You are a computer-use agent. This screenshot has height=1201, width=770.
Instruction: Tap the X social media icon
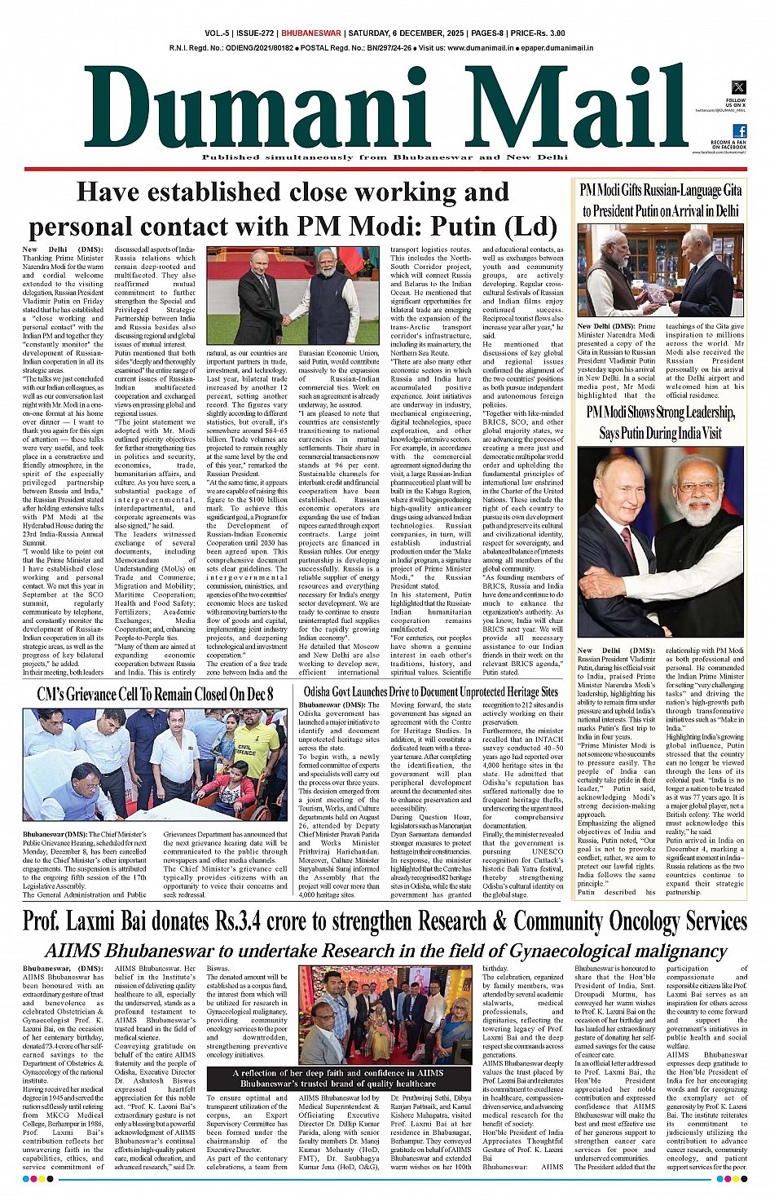click(738, 87)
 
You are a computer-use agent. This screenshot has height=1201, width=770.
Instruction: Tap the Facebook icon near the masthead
click(739, 130)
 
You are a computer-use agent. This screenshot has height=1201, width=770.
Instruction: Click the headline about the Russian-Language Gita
click(660, 201)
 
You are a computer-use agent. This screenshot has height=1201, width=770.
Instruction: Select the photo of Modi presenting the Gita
click(660, 272)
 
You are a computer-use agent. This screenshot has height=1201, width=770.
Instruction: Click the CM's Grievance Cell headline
click(155, 695)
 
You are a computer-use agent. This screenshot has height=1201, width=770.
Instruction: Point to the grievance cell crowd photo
click(155, 765)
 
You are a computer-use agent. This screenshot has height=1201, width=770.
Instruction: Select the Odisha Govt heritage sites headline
click(429, 692)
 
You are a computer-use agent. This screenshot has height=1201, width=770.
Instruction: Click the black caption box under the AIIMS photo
click(339, 1079)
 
